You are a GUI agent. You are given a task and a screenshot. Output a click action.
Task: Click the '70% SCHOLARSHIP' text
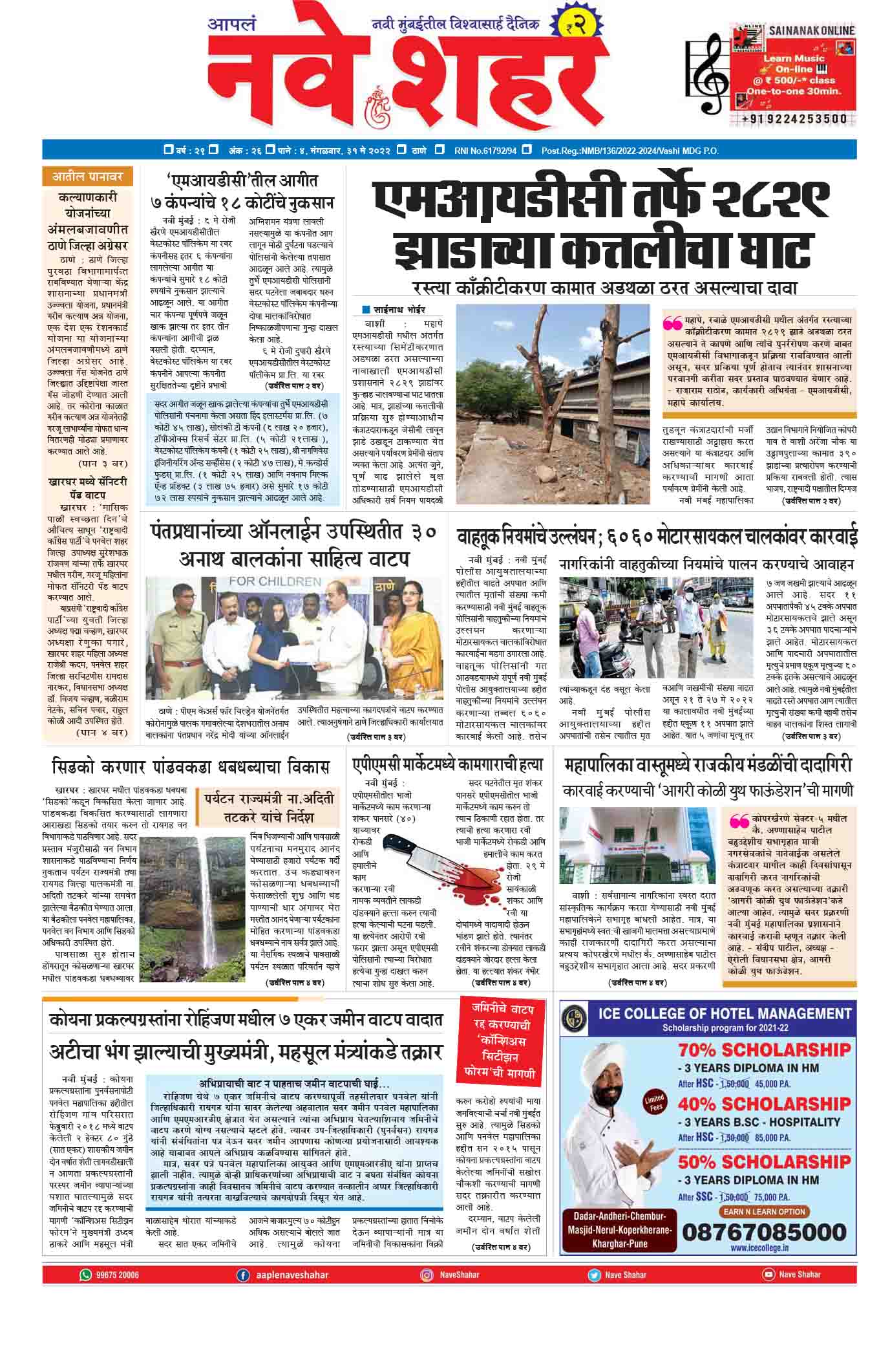765,1048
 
